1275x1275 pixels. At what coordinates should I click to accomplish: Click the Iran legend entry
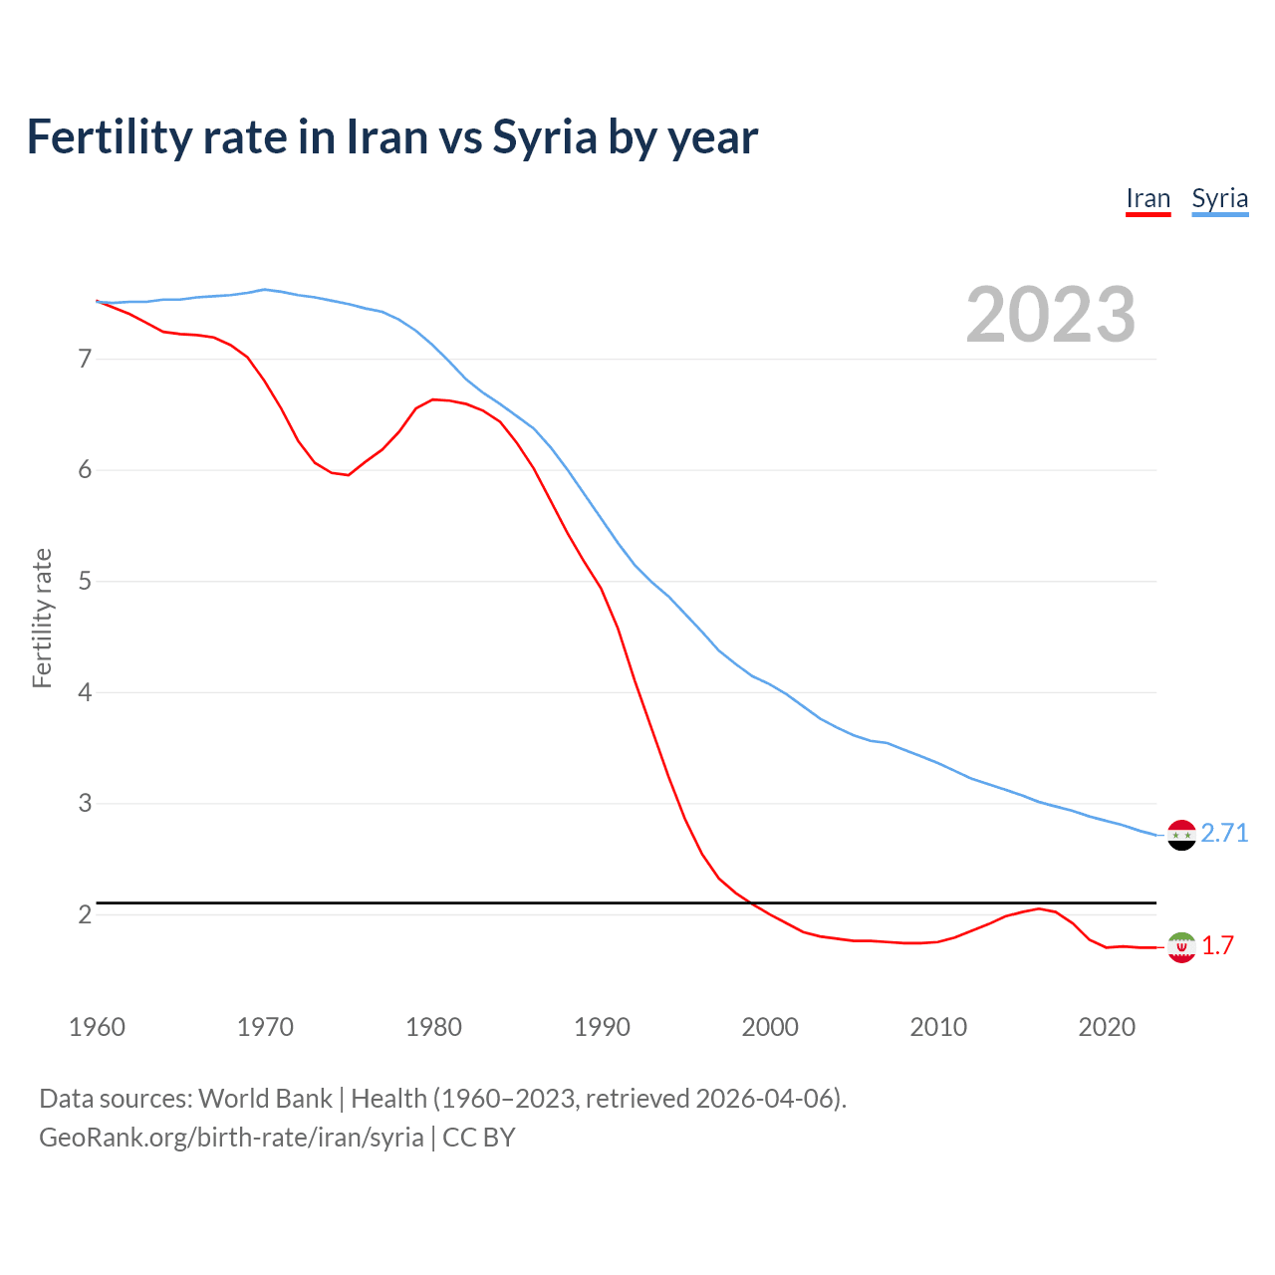pos(1147,199)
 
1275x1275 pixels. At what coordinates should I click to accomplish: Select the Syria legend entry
pos(1219,199)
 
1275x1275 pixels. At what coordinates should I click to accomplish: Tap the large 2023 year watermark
pos(1051,315)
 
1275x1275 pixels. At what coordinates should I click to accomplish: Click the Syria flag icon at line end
pos(1181,835)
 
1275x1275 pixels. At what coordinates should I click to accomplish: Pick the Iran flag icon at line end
pos(1181,947)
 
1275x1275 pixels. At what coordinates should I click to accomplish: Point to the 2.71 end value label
pos(1224,833)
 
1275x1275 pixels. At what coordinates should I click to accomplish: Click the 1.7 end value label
pos(1217,945)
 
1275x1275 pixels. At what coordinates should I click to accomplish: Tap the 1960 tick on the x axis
pos(97,1027)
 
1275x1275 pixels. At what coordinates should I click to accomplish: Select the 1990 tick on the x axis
pos(602,1027)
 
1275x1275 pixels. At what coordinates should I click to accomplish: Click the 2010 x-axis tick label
pos(938,1027)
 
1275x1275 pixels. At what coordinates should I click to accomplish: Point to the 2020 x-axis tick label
pos(1107,1027)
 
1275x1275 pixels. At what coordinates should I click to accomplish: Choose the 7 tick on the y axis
pos(85,359)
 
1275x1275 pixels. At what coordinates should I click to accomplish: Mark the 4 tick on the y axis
pos(85,692)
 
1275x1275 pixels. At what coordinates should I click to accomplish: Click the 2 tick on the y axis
pos(85,914)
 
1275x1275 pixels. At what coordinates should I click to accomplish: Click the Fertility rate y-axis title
pos(42,618)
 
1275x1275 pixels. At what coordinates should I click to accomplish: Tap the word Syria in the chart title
pos(545,137)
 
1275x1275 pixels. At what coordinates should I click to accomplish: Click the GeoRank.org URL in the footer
pos(231,1138)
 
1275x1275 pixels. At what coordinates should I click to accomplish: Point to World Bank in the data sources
pos(265,1099)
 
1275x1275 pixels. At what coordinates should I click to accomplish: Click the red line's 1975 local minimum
pos(348,475)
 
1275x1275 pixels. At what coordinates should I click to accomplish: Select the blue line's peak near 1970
pos(264,289)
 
